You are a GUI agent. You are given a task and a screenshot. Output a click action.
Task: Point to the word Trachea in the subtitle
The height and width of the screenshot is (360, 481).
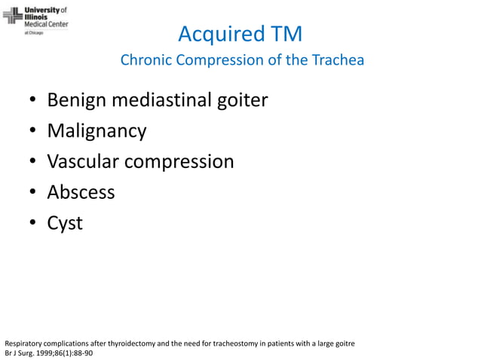click(x=340, y=60)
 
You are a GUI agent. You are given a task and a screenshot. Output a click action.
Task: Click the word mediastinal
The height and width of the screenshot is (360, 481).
click(x=160, y=100)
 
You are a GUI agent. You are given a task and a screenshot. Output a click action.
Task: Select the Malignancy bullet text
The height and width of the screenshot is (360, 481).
click(x=97, y=131)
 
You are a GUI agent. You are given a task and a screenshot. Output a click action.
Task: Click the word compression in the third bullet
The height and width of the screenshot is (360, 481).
click(x=182, y=162)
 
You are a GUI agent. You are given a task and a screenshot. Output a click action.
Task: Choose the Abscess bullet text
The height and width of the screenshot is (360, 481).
click(x=81, y=193)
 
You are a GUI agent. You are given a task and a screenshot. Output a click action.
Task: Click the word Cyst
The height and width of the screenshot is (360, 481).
click(x=65, y=224)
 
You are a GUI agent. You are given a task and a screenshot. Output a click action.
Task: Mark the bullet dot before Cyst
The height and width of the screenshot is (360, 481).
click(x=34, y=224)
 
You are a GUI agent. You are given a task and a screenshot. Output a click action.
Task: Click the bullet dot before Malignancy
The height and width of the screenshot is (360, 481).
click(x=34, y=132)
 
